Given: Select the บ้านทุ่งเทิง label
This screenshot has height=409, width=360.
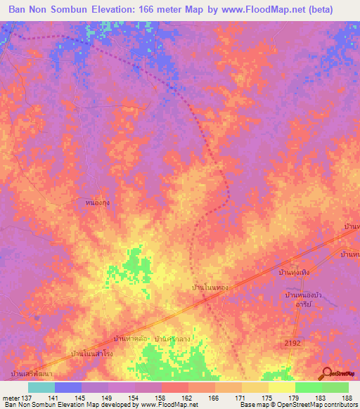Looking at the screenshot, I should pos(294,271).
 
